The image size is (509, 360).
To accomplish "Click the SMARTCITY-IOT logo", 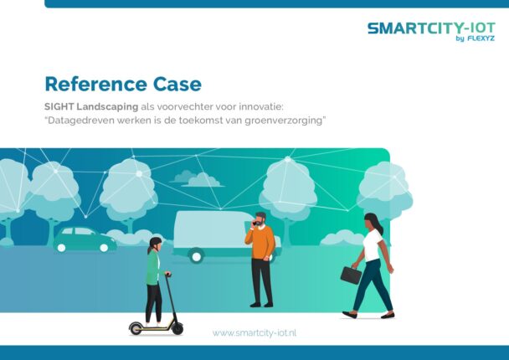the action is (431, 32).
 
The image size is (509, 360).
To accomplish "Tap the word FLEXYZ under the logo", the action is (481, 39).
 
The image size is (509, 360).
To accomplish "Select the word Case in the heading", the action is (177, 84).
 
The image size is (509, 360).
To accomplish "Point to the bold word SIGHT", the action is (59, 106).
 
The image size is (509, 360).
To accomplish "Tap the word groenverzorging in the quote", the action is (283, 121).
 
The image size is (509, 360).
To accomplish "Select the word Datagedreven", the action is (81, 121).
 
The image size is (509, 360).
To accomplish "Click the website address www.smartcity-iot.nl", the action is (254, 332).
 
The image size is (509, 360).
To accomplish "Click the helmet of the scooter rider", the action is (155, 242).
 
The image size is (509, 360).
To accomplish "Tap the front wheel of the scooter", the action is (177, 328).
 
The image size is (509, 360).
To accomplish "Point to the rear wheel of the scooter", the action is (136, 328).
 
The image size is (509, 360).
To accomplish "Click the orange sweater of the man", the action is (260, 242).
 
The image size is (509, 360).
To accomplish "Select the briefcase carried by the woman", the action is (351, 275).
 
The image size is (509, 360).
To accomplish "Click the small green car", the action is (85, 239).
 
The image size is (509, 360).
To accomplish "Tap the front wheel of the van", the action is (196, 256).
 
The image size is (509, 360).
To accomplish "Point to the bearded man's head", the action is (260, 219).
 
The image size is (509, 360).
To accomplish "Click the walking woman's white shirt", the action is (373, 244).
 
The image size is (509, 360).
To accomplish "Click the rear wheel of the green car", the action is (104, 248).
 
